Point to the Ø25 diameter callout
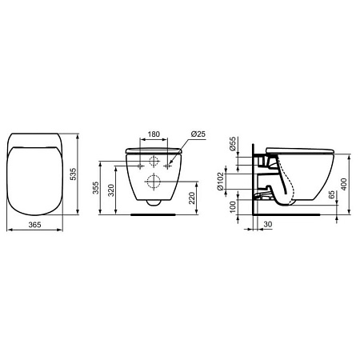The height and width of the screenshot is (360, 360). point(199,132)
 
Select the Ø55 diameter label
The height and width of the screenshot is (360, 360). point(232,145)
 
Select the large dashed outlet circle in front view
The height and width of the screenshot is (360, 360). point(154,180)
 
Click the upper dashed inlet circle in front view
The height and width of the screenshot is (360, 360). point(154,160)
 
